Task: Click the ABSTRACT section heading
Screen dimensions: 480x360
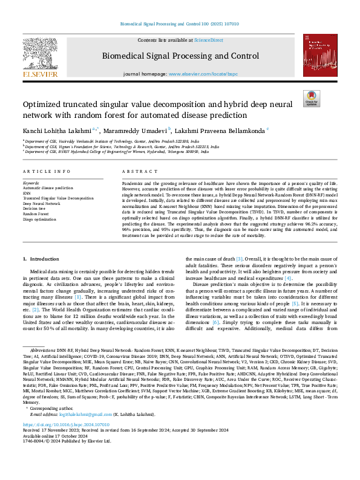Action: coord(136,171)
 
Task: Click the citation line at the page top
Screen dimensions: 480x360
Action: coord(180,24)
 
